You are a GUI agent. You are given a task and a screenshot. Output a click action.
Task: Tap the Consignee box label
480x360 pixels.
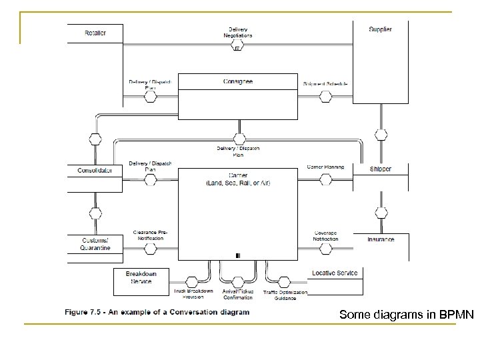coord(237,82)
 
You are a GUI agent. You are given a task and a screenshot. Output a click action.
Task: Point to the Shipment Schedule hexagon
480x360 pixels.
coord(326,97)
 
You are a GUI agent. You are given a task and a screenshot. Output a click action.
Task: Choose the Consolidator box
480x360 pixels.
coord(95,170)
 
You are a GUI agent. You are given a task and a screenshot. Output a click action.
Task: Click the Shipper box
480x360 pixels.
coord(380,169)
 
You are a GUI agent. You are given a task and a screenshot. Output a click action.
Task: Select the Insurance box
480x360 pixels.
coord(380,239)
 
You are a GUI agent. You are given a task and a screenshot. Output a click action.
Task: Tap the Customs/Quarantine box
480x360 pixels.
coord(95,244)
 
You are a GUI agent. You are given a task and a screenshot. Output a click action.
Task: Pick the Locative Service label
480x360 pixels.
coord(334,273)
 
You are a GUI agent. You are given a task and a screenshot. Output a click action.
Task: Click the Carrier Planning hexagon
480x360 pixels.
coord(326,179)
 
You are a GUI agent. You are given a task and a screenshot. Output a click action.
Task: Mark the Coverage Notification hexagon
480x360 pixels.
coord(326,249)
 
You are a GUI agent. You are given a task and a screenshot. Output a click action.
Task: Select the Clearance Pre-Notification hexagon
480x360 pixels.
coord(151,249)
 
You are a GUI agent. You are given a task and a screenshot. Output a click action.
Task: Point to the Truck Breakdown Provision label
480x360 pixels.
coord(194,294)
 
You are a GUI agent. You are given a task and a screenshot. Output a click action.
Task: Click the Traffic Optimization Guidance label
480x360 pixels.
coord(285,295)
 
